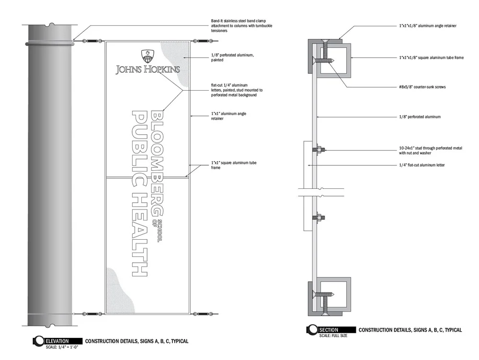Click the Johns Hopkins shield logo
click(148, 56)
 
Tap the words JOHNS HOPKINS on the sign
click(148, 70)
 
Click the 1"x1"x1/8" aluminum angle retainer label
click(427, 25)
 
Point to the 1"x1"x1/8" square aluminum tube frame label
click(431, 58)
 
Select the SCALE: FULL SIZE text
click(333, 336)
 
